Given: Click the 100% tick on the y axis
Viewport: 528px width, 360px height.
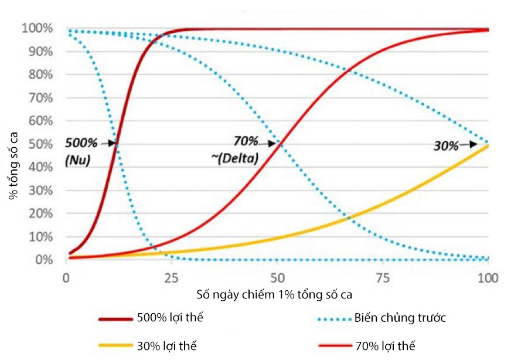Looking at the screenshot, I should pyautogui.click(x=38, y=28).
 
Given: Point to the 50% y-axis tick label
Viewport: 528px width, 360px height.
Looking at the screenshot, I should pyautogui.click(x=40, y=144).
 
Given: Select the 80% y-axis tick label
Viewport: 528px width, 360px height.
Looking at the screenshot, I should pyautogui.click(x=40, y=74).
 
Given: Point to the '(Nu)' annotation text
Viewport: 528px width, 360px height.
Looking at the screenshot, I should pyautogui.click(x=77, y=159).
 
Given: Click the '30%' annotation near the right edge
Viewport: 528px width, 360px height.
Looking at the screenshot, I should pyautogui.click(x=447, y=145).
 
